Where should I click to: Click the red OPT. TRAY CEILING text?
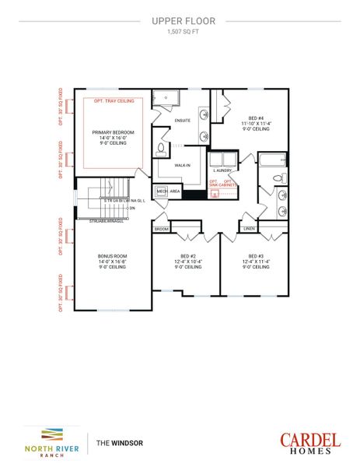[114, 101]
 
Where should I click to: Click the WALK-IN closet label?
[183, 165]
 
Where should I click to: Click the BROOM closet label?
[161, 229]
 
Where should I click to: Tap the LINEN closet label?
[249, 229]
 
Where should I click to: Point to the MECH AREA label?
[169, 191]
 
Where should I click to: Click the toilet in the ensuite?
[161, 149]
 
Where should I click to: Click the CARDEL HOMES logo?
[309, 442]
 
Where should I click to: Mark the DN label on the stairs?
[132, 208]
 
